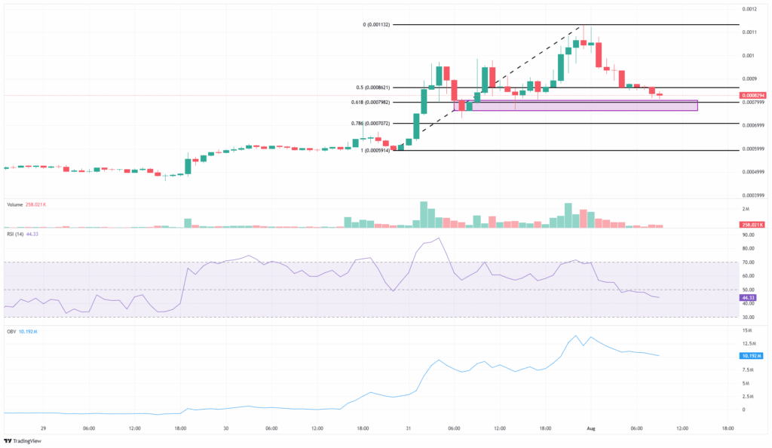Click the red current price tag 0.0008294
click(752, 95)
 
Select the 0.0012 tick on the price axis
click(748, 9)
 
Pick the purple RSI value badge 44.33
click(749, 297)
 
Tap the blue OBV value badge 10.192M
click(751, 354)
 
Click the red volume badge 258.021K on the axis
click(752, 225)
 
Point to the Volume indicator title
click(14, 204)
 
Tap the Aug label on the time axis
click(591, 428)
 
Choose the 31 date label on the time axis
click(408, 428)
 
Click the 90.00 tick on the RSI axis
click(748, 235)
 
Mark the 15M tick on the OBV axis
click(746, 330)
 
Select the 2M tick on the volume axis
click(745, 208)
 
